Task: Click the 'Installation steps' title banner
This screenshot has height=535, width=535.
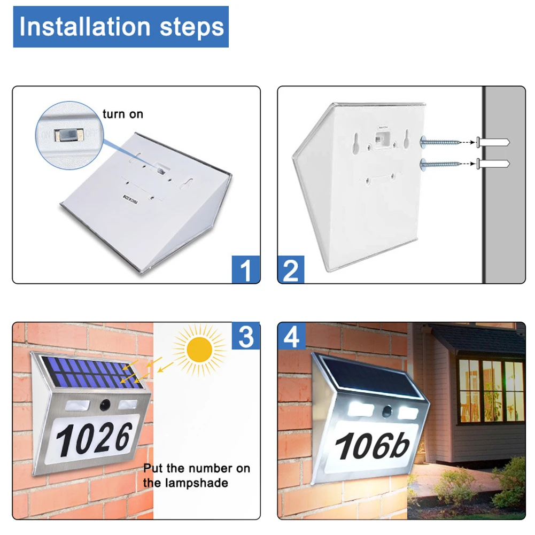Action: [x=121, y=27]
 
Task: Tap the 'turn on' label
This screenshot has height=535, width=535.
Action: [x=122, y=114]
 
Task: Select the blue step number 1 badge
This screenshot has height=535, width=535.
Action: [x=245, y=269]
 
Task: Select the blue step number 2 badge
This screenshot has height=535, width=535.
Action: [x=291, y=269]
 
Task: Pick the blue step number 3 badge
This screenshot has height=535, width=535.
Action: [x=245, y=336]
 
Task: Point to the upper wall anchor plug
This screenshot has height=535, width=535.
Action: [x=493, y=143]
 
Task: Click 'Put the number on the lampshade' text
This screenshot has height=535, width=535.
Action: [x=196, y=475]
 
